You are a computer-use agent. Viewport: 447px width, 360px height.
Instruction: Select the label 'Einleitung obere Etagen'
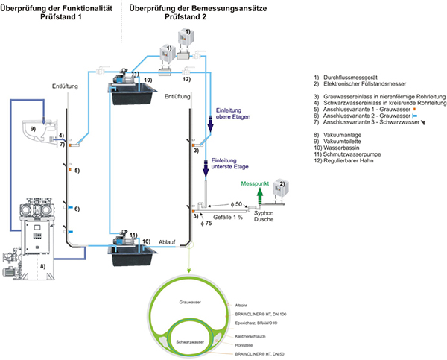click(229, 113)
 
